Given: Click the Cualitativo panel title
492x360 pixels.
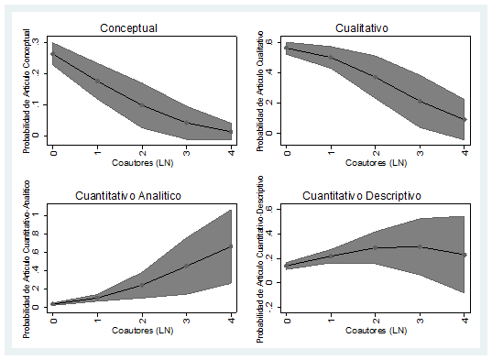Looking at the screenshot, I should click(x=373, y=28).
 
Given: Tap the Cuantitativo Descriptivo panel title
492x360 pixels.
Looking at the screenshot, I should click(x=373, y=196).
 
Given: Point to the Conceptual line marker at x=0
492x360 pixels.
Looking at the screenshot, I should click(x=53, y=55).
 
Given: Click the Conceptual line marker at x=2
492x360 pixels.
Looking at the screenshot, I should click(x=142, y=104).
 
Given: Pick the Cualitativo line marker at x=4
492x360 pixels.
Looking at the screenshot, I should click(x=465, y=119).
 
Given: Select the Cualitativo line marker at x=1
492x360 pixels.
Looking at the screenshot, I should click(x=331, y=58).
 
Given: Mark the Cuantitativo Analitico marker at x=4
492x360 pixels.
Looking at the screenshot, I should click(x=231, y=245).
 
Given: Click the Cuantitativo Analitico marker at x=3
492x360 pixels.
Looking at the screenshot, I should click(x=186, y=267).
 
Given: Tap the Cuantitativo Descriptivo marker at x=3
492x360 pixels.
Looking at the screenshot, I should click(x=420, y=246).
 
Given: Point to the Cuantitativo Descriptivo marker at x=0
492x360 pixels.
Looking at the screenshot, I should click(x=286, y=266).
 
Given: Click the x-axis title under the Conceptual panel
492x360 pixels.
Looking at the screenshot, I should click(x=141, y=163).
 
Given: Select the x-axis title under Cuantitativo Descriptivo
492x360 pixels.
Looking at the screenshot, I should click(x=375, y=331).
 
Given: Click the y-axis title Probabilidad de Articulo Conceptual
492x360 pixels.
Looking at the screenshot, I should click(x=28, y=87).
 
